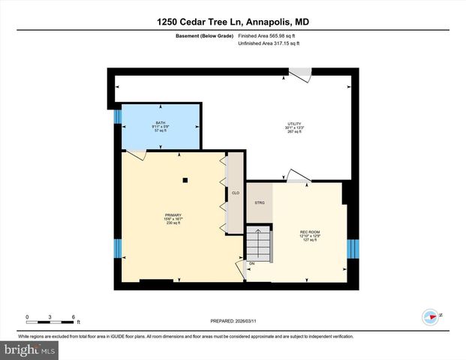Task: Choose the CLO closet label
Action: (x=235, y=193)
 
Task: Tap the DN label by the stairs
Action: (x=252, y=263)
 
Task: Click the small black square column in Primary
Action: (x=185, y=180)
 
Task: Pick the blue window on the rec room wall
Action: (x=352, y=248)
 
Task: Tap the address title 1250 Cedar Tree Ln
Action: (x=232, y=22)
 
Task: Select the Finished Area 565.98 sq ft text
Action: (x=268, y=35)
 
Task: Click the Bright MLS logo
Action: (x=30, y=349)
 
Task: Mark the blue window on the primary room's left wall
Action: (x=117, y=248)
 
